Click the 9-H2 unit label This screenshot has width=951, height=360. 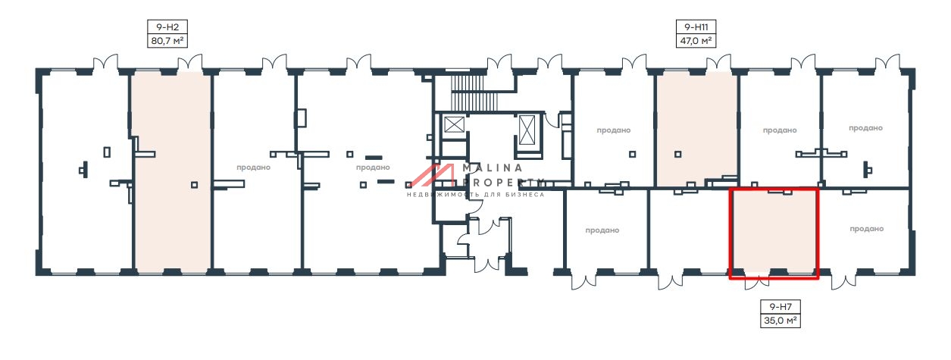(x=167, y=27)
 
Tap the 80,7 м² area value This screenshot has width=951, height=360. (x=167, y=41)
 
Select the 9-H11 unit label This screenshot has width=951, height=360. (x=696, y=27)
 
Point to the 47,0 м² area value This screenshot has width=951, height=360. (x=696, y=41)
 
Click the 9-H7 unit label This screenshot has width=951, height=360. (x=781, y=306)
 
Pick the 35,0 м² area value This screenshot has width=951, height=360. (x=781, y=321)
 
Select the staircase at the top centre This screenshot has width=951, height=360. (x=474, y=94)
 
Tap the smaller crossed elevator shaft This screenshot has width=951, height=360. (x=454, y=124)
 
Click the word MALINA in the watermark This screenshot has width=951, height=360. (x=493, y=167)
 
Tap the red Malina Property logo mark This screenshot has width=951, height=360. (x=432, y=175)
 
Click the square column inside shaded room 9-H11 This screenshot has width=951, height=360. (x=678, y=154)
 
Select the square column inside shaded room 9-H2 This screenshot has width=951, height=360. (x=194, y=185)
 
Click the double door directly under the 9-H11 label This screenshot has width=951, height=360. (x=719, y=62)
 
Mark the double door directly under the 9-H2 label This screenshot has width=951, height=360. (x=189, y=62)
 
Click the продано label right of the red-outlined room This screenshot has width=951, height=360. (x=867, y=229)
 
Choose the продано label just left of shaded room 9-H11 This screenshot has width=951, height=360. (x=614, y=130)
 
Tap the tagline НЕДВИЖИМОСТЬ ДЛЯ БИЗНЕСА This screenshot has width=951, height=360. (x=476, y=195)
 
